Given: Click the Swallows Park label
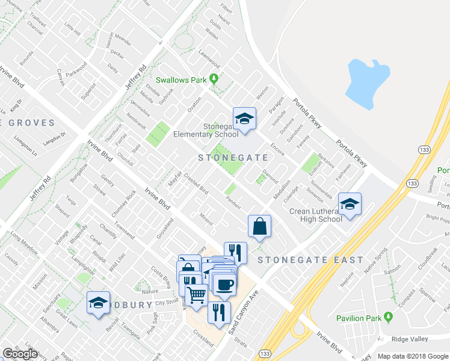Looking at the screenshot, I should coord(181,79).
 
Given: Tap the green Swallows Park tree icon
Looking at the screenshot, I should coord(213,79).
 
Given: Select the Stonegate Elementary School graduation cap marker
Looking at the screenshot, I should coord(245,119).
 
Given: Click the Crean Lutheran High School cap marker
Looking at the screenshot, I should coord(349,204).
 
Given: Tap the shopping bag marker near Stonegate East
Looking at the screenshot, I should coord(259,226).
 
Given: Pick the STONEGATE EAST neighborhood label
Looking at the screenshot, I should coord(310,260).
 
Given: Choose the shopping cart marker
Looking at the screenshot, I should coord(196,295).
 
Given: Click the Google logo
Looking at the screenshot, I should coord(20,354).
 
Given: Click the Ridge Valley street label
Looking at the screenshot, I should coord(409,339).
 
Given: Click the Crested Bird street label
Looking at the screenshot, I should coord(196,184).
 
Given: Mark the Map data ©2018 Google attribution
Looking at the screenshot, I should coord(413,356).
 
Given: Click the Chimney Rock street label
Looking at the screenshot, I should coord(123,204).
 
